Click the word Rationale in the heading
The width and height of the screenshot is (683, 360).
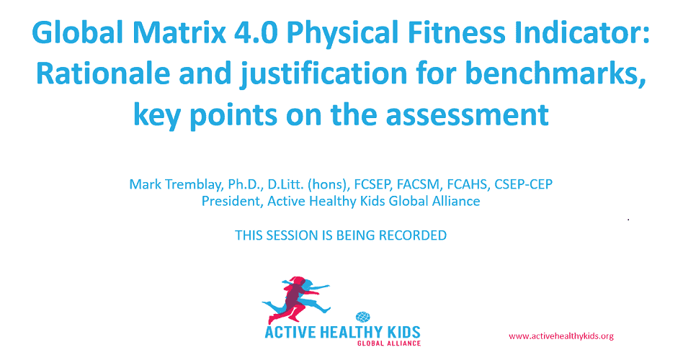coord(103,73)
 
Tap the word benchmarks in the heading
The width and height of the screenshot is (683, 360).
coord(554,73)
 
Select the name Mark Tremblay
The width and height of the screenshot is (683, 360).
coord(175,184)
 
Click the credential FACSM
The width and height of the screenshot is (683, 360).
coord(418,184)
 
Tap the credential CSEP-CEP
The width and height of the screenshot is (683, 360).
coord(523,184)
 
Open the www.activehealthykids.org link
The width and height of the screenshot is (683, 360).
coord(561,336)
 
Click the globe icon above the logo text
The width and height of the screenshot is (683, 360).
coord(363,317)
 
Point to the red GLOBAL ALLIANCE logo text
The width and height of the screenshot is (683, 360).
coord(389,343)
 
